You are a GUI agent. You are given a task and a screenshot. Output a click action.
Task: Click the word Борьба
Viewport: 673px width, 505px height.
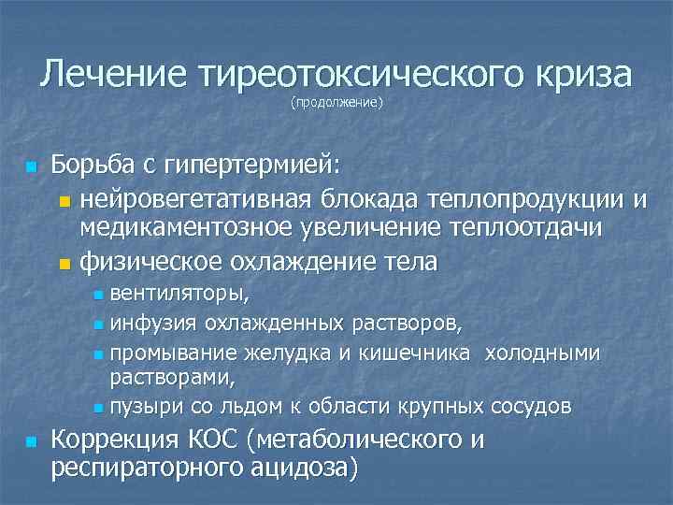click(x=93, y=166)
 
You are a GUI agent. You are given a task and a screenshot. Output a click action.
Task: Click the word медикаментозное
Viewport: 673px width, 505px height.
click(x=183, y=229)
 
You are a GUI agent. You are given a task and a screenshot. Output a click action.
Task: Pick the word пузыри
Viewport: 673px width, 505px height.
click(x=139, y=407)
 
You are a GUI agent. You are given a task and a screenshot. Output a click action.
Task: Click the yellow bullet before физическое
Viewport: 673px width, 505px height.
click(x=63, y=263)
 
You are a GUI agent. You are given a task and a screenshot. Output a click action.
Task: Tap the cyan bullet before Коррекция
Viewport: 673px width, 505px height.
click(x=31, y=440)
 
